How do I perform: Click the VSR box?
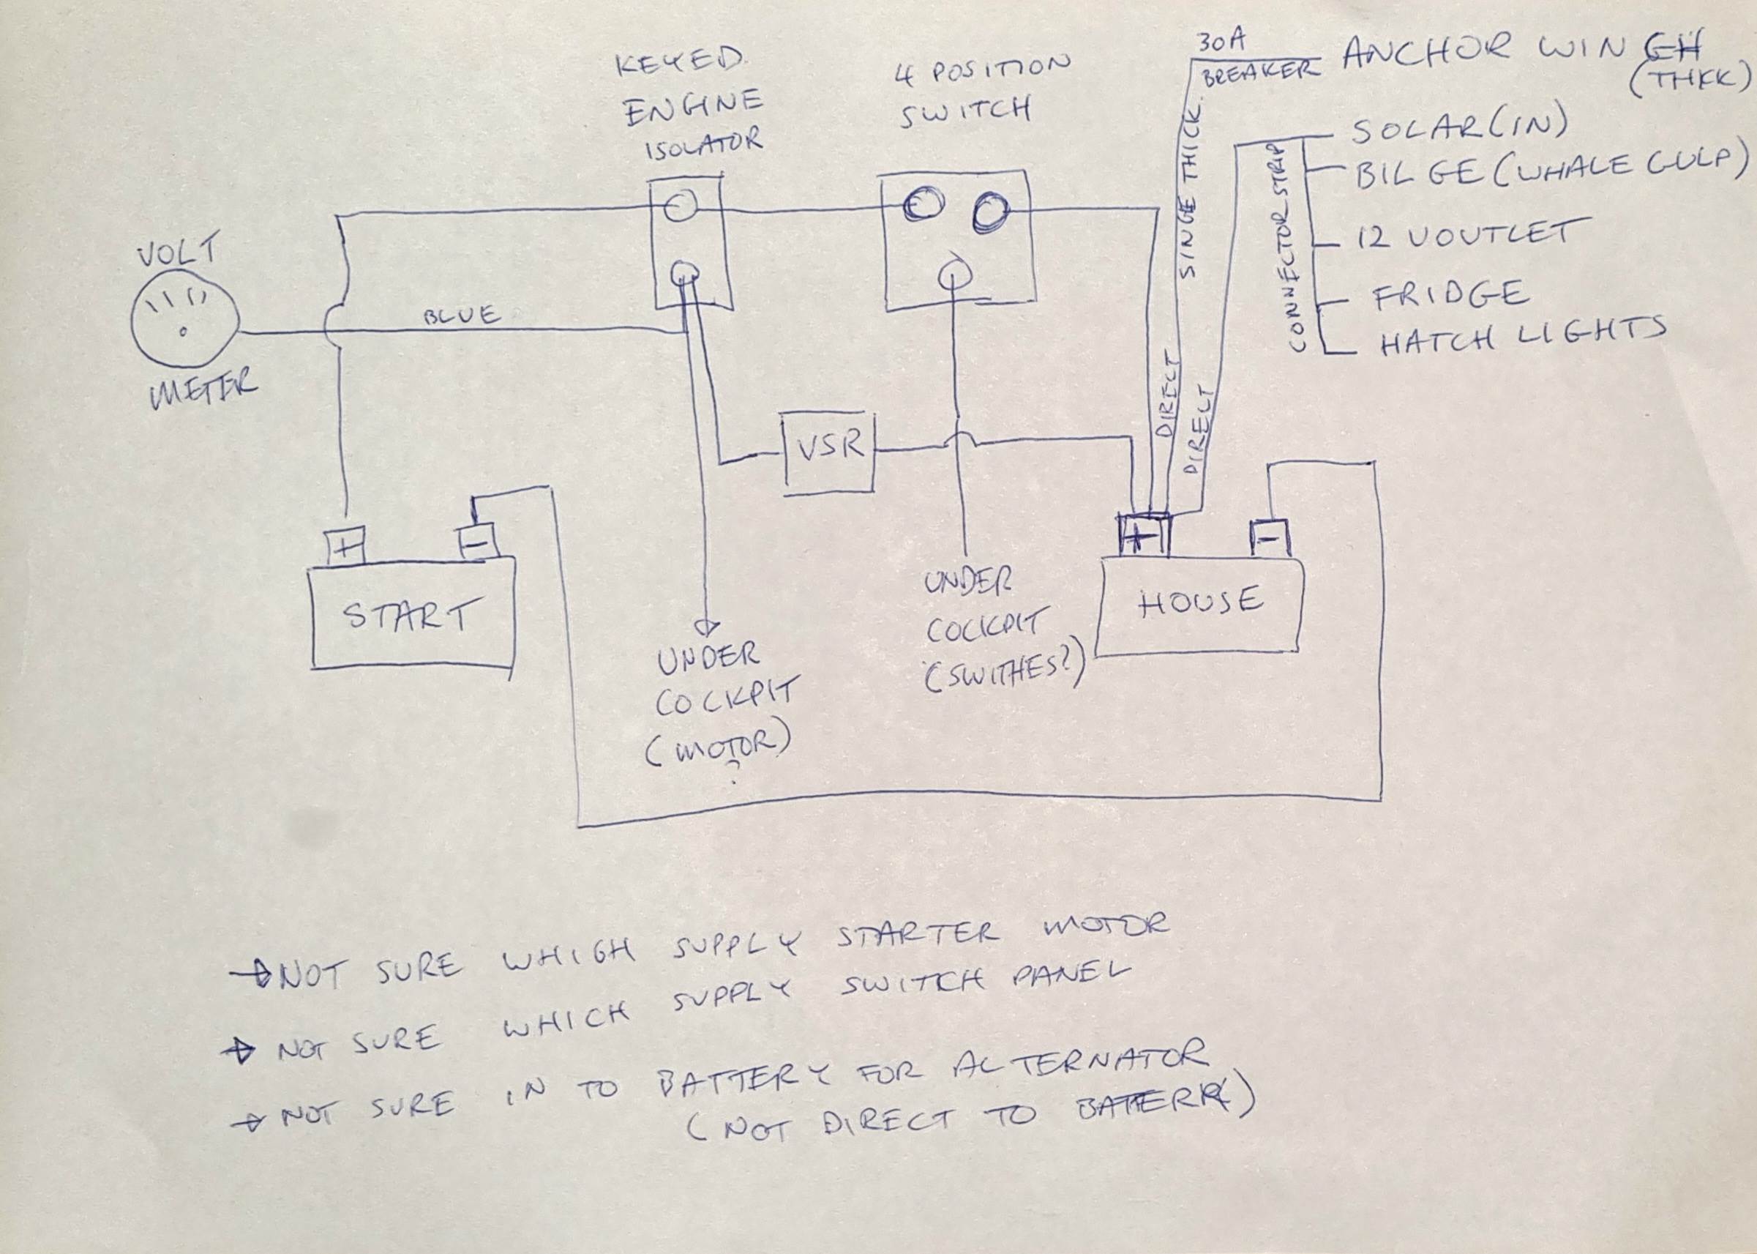point(829,453)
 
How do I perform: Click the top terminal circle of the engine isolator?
point(681,206)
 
